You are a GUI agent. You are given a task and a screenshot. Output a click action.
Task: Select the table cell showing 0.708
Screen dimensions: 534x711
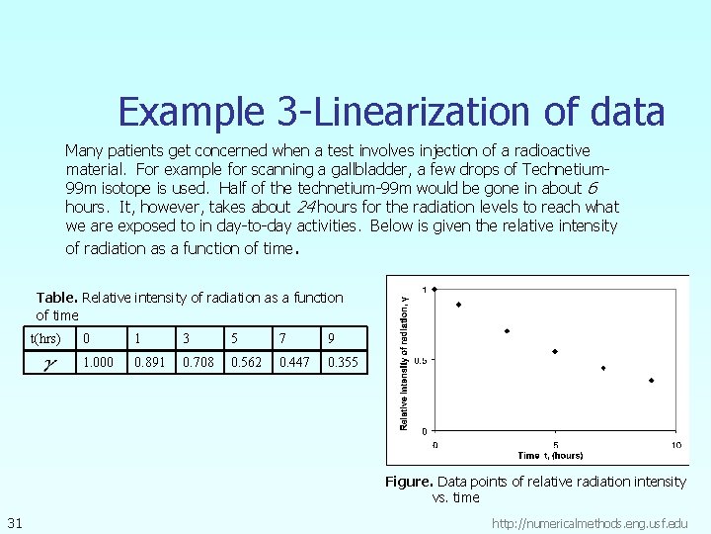coord(198,362)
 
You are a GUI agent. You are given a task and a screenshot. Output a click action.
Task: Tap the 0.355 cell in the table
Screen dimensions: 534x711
coord(343,362)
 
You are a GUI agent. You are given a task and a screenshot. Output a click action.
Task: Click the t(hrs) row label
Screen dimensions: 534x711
coord(46,338)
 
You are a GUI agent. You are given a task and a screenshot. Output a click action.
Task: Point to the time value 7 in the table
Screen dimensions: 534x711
coord(283,338)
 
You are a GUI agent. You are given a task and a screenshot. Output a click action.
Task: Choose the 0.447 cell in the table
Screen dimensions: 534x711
coord(294,362)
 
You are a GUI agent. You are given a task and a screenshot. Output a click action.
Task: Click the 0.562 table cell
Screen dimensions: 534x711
coord(246,362)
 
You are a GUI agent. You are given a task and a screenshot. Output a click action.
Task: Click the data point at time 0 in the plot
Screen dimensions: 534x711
coord(435,289)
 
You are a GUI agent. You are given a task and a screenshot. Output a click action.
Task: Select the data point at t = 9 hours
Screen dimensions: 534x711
coord(652,381)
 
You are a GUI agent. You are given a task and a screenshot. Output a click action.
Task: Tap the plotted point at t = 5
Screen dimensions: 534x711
coord(555,351)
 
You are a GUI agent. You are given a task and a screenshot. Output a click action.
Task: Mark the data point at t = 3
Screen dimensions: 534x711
coord(507,331)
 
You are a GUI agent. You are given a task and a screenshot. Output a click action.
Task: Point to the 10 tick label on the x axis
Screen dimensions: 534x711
coord(675,444)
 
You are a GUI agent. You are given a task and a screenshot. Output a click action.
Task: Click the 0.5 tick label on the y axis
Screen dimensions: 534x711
coord(420,360)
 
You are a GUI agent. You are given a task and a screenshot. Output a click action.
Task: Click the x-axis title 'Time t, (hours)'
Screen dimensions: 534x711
coord(550,455)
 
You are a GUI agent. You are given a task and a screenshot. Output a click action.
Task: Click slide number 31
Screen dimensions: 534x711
coord(15,521)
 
